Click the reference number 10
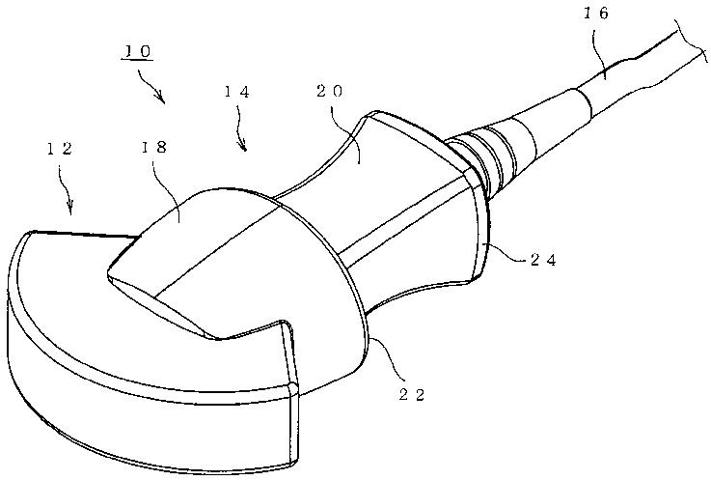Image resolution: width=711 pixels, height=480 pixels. pos(137,49)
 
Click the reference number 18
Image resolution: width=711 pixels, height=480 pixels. pos(153,148)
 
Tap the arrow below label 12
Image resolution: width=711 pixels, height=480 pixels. pos(68,198)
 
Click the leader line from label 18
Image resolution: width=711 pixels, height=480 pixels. pos(173,188)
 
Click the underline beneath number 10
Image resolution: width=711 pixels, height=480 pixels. pos(137,60)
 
